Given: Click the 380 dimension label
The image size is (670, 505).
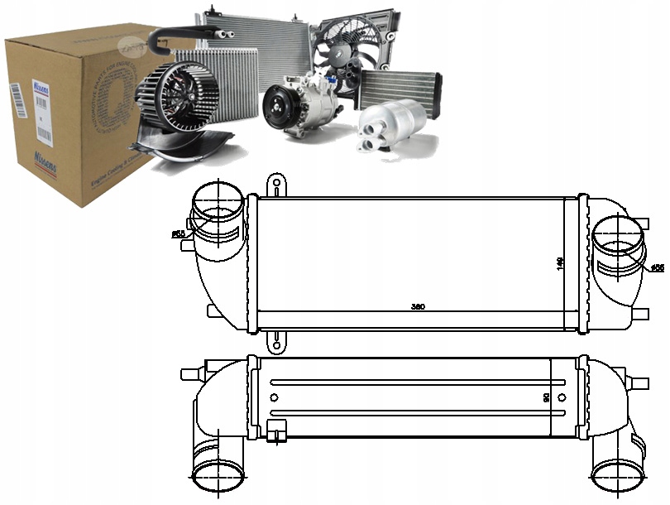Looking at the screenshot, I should pyautogui.click(x=418, y=307).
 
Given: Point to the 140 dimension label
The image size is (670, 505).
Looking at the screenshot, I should pyautogui.click(x=560, y=262).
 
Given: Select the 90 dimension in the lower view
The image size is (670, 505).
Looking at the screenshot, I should pyautogui.click(x=546, y=398).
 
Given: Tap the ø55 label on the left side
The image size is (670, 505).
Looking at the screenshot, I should pyautogui.click(x=178, y=234).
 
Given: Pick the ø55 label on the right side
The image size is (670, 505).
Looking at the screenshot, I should pyautogui.click(x=658, y=267).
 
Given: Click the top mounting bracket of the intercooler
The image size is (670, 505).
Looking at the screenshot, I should pyautogui.click(x=275, y=184).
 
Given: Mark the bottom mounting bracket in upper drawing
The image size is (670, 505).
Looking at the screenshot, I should pyautogui.click(x=275, y=340).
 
